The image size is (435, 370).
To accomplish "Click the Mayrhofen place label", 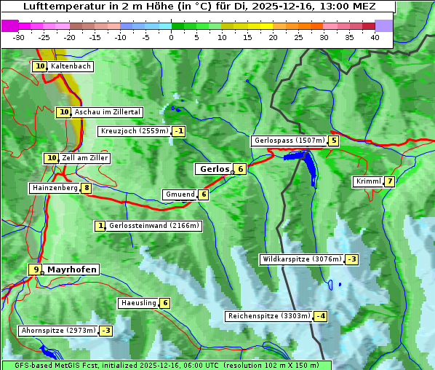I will tap(71, 269).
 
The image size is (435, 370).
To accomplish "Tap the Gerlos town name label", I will tap(214, 169).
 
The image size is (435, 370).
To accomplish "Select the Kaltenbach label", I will tap(71, 66).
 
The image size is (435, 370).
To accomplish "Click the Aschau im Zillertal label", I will tap(107, 112).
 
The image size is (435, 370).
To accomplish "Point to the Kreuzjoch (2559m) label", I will tap(135, 132).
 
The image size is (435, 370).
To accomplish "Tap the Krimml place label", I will tap(368, 181).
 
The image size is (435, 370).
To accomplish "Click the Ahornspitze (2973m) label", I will tap(58, 331).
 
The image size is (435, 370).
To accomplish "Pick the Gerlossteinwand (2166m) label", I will tap(153, 226).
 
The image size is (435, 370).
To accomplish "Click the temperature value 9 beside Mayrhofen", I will tap(36, 269).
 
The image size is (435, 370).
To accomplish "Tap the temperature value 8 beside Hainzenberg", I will tap(87, 188).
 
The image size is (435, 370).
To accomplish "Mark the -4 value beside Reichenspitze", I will tap(320, 316).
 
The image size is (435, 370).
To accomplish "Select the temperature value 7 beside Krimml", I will tap(390, 181).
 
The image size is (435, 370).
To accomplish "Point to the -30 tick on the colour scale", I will tap(19, 37).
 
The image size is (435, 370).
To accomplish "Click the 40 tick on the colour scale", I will tap(375, 37).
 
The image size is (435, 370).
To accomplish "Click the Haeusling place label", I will tap(138, 303).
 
